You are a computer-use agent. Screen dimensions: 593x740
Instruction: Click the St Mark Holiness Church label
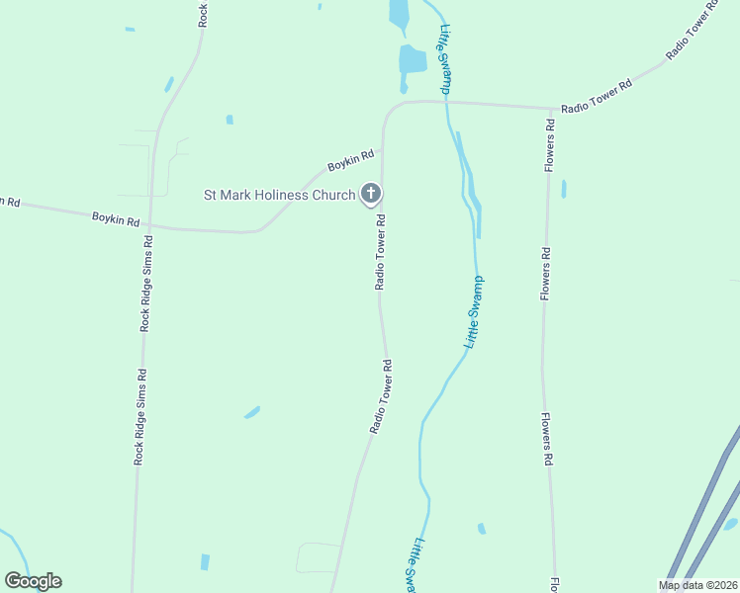[x=279, y=195]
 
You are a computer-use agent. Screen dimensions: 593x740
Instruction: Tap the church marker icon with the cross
[x=371, y=194]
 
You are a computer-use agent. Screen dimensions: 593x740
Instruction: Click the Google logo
[x=33, y=581]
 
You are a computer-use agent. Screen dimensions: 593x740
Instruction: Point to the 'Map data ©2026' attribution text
[x=697, y=585]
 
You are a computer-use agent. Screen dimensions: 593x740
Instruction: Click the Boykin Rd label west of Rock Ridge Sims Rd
[x=116, y=219]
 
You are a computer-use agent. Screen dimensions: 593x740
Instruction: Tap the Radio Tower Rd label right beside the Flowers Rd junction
[x=596, y=98]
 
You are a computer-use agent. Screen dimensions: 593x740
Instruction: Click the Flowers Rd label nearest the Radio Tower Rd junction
[x=550, y=146]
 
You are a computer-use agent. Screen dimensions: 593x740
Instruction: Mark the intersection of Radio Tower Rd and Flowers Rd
[x=550, y=108]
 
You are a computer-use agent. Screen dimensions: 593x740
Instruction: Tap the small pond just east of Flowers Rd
[x=564, y=188]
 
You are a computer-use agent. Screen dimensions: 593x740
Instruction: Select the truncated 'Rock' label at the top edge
[x=203, y=13]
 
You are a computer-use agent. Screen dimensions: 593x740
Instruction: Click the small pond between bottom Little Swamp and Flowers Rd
[x=482, y=529]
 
